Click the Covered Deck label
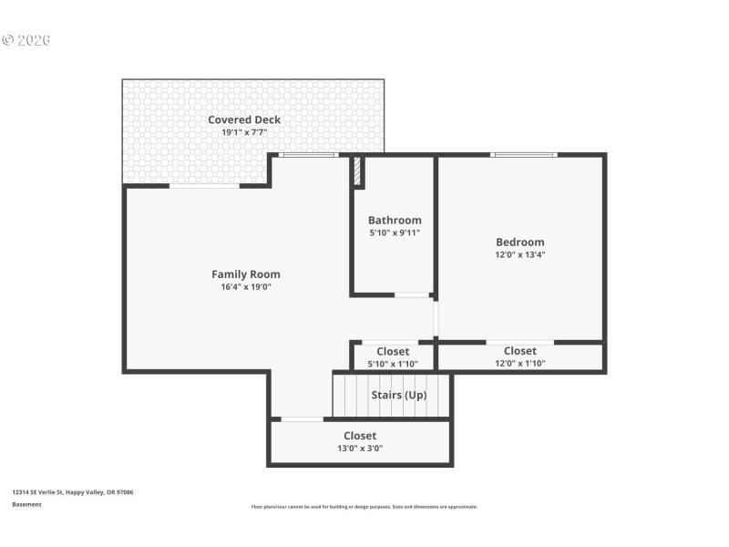pos(244,119)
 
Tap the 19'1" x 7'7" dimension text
pos(244,132)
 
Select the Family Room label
pos(246,274)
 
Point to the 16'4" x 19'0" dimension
pos(246,286)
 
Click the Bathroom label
pos(395,220)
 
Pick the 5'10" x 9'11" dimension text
pos(395,232)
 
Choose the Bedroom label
pos(520,242)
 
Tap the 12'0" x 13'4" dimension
pos(520,254)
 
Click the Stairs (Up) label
pos(399,395)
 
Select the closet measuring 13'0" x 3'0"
pos(360,442)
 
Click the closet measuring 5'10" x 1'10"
pos(393,357)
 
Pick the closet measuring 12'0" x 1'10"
pos(520,357)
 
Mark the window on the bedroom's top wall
pos(523,155)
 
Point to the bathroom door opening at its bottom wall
pos(412,294)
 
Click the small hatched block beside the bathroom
pos(358,170)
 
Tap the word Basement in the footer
pos(26,504)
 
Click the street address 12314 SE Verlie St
pos(73,491)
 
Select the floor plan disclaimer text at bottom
pos(364,507)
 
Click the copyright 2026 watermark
pos(26,40)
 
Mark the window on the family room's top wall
pos(307,155)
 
